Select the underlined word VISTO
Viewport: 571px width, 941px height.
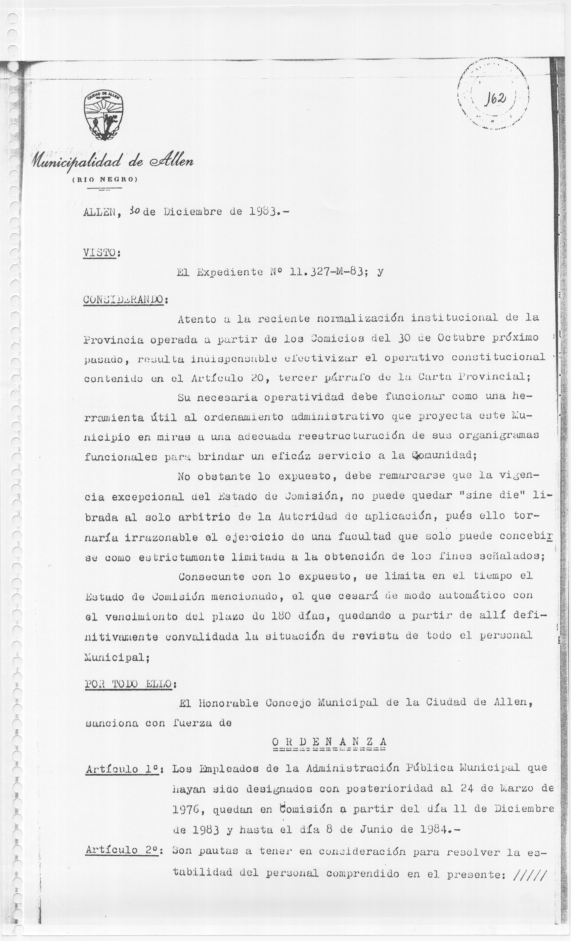(99, 252)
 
